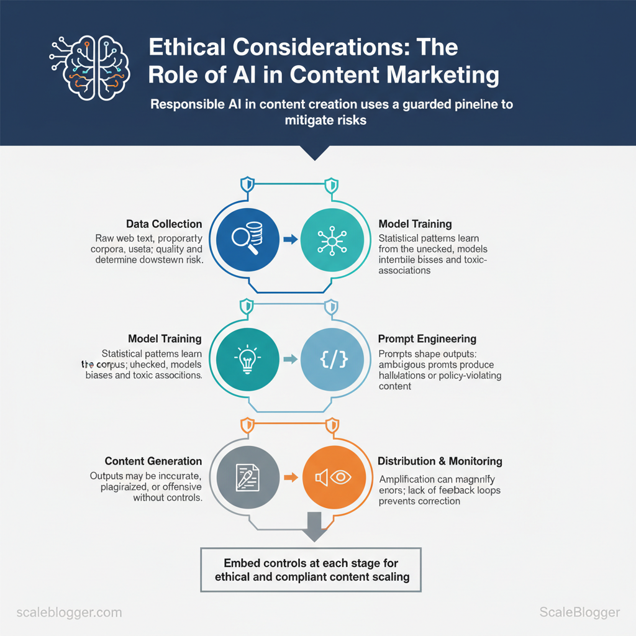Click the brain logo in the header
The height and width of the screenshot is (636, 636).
(x=89, y=65)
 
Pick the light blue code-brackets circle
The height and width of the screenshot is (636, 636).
(x=332, y=359)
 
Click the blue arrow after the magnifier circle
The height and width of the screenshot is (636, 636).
(x=288, y=239)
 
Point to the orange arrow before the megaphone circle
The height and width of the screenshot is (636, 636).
(x=288, y=477)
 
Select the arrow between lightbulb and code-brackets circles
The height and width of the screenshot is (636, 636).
(x=288, y=359)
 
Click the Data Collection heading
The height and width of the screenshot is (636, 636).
(x=164, y=224)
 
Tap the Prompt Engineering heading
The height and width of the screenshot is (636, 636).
(x=427, y=339)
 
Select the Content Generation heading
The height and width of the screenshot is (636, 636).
(x=153, y=461)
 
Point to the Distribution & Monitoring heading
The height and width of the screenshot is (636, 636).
(x=440, y=461)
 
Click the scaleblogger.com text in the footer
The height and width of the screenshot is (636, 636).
(x=69, y=612)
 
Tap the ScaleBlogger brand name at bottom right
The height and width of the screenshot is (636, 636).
(x=579, y=612)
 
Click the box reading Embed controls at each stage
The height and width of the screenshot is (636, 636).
(x=311, y=570)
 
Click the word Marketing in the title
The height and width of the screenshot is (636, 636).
(x=443, y=75)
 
